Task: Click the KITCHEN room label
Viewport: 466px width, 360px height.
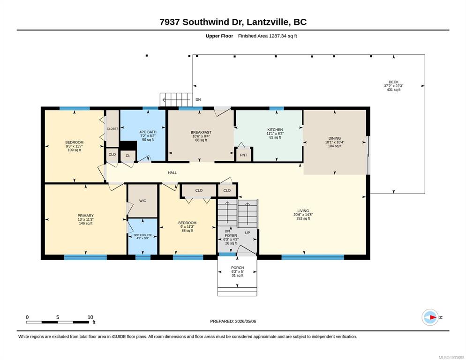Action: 275,130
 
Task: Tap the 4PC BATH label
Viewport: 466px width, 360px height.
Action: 148,132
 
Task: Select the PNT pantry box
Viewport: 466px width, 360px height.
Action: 243,155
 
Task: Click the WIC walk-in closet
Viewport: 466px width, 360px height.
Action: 143,201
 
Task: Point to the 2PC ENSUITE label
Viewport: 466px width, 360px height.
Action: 142,235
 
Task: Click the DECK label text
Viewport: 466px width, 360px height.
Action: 393,82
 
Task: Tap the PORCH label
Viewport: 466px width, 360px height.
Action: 238,268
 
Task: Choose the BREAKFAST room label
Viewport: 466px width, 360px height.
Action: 201,132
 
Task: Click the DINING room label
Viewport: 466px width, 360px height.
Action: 335,138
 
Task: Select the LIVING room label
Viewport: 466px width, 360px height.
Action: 303,211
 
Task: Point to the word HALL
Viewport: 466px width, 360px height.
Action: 173,172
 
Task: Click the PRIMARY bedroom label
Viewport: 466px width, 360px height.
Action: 86,216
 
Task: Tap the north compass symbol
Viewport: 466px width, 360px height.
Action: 430,317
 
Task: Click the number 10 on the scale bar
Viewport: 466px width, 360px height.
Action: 90,317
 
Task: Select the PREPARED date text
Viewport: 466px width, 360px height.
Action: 233,322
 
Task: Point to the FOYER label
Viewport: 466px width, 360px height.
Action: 231,235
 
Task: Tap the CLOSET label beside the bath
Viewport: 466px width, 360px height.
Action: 113,129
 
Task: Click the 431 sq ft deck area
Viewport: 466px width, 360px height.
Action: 393,90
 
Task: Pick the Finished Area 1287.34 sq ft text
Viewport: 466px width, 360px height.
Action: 268,36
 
